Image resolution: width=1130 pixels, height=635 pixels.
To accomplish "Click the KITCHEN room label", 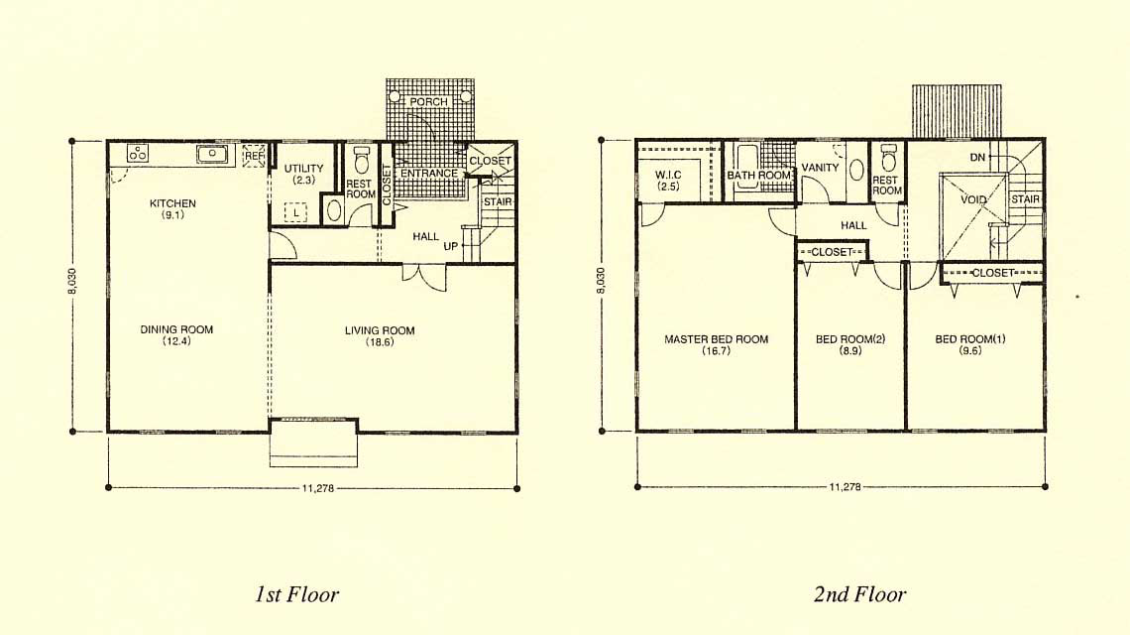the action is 172,203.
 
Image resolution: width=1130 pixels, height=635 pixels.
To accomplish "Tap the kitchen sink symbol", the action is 212,154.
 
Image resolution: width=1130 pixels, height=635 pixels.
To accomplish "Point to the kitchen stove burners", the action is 138,153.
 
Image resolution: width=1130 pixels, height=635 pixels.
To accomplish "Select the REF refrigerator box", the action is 255,156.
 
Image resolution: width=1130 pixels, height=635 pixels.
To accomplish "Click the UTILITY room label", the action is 303,168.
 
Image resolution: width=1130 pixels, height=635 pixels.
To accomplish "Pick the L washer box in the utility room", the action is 295,213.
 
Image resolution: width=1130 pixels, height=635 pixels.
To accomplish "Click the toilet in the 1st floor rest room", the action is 361,158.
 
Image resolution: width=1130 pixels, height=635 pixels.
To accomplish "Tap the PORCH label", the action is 428,102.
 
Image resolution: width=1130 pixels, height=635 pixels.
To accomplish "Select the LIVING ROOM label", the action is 380,330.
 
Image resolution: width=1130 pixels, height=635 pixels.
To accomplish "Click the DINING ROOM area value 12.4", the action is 176,341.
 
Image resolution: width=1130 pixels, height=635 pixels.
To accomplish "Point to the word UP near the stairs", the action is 450,246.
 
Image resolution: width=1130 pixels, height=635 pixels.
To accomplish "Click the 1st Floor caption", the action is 296,594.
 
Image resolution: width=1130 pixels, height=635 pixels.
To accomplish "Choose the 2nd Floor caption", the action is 859,594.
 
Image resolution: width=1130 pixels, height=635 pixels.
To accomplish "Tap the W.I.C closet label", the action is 668,175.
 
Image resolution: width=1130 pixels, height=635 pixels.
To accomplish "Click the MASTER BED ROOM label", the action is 717,339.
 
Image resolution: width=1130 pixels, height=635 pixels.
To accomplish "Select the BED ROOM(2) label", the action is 850,339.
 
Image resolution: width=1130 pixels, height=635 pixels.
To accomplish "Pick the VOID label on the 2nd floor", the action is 973,199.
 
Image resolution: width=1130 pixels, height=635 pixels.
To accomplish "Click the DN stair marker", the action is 977,158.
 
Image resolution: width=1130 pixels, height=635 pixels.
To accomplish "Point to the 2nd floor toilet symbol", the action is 888,157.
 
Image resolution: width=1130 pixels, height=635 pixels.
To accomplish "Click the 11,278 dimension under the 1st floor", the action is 317,488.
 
